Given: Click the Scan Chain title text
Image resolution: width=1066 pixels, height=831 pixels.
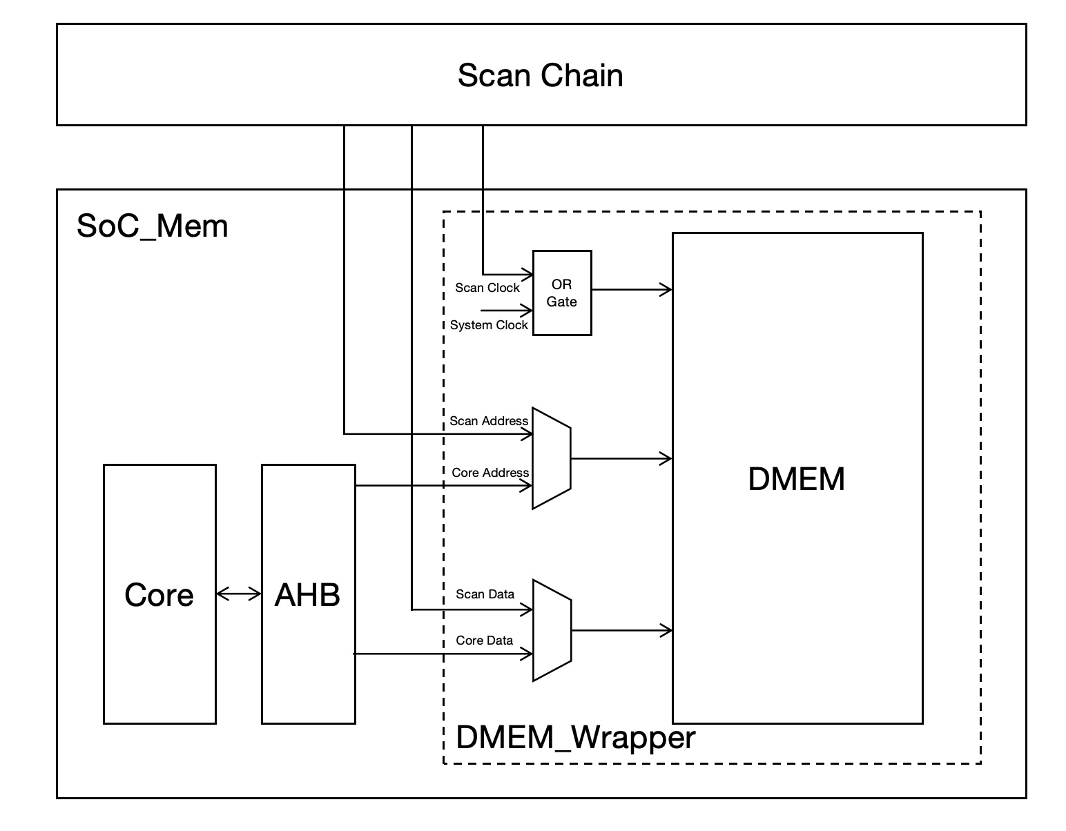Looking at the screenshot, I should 540,75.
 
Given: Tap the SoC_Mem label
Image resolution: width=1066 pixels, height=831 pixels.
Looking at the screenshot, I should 152,226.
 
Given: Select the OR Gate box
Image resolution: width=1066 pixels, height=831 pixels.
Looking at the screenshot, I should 562,293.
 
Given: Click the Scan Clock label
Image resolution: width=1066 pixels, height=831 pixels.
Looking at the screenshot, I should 487,288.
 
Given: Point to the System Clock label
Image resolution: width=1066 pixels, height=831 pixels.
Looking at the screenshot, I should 488,325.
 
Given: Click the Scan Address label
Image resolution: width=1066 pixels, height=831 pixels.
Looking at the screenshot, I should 488,421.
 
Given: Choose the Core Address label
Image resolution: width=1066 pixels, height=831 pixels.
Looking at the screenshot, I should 490,473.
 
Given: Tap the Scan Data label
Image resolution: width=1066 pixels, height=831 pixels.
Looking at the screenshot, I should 485,594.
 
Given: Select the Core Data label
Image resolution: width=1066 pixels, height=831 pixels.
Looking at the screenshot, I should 484,641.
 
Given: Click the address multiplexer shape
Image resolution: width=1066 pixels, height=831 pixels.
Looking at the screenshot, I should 551,458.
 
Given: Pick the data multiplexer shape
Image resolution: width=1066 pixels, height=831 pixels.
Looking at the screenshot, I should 552,630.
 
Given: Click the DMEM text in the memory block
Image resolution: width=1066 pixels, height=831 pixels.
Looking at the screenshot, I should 796,479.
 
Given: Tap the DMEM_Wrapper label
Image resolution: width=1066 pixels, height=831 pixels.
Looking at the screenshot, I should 575,737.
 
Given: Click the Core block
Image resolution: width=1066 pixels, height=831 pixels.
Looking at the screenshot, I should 159,594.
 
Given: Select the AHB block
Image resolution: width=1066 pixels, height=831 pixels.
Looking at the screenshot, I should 308,594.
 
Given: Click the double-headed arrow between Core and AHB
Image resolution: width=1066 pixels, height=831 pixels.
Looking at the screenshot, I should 239,594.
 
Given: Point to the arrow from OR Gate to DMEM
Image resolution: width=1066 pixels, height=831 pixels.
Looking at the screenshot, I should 632,290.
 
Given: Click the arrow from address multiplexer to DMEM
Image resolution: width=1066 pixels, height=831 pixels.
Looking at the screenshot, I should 621,458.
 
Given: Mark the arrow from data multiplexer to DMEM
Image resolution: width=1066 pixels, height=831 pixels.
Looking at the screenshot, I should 621,630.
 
